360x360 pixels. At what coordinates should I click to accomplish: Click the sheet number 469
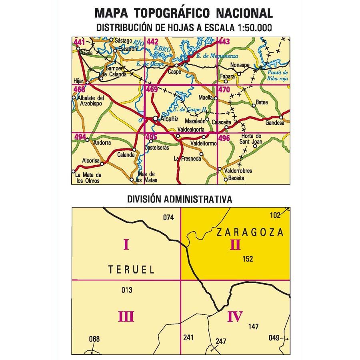click(x=152, y=90)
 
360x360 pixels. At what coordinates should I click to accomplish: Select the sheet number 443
click(x=224, y=41)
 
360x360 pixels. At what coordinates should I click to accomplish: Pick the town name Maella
click(x=206, y=98)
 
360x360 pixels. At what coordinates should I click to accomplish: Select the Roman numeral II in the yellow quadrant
click(x=235, y=244)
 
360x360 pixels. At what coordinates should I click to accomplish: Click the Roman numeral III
click(x=126, y=317)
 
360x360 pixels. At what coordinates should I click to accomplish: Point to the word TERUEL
click(x=131, y=270)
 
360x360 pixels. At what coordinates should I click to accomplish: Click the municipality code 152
click(x=248, y=259)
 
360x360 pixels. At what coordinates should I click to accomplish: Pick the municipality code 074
click(x=169, y=218)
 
